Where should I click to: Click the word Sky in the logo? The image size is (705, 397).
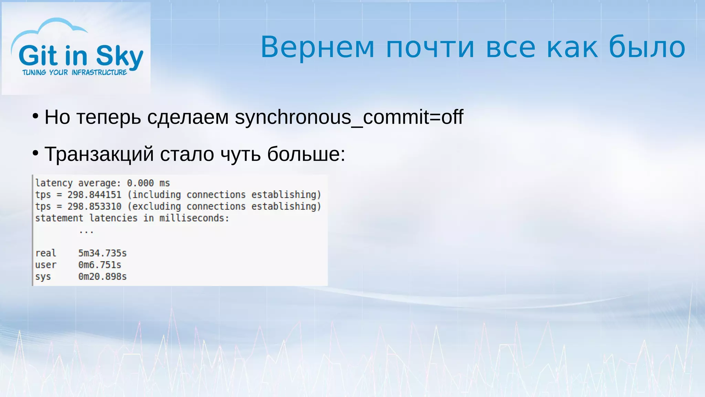pyautogui.click(x=119, y=56)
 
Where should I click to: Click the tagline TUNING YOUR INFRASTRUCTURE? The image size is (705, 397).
pyautogui.click(x=75, y=72)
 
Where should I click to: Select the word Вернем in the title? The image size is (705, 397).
pyautogui.click(x=317, y=47)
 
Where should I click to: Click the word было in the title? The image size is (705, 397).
pyautogui.click(x=647, y=47)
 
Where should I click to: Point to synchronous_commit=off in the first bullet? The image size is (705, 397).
pyautogui.click(x=349, y=117)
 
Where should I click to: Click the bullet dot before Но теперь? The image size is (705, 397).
pyautogui.click(x=35, y=116)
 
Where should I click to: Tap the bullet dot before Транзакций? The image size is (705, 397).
pyautogui.click(x=35, y=153)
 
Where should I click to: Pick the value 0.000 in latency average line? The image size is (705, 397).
pyautogui.click(x=140, y=183)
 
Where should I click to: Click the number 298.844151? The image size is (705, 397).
pyautogui.click(x=94, y=195)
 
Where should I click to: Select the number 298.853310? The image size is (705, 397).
pyautogui.click(x=94, y=206)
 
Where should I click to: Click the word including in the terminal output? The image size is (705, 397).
pyautogui.click(x=157, y=195)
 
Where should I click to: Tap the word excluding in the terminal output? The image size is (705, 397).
pyautogui.click(x=157, y=206)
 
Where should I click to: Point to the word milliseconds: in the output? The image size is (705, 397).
pyautogui.click(x=194, y=218)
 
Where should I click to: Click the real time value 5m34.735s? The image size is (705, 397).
pyautogui.click(x=102, y=253)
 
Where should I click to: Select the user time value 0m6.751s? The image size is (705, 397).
pyautogui.click(x=99, y=265)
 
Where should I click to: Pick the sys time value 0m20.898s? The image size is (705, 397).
pyautogui.click(x=102, y=277)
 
